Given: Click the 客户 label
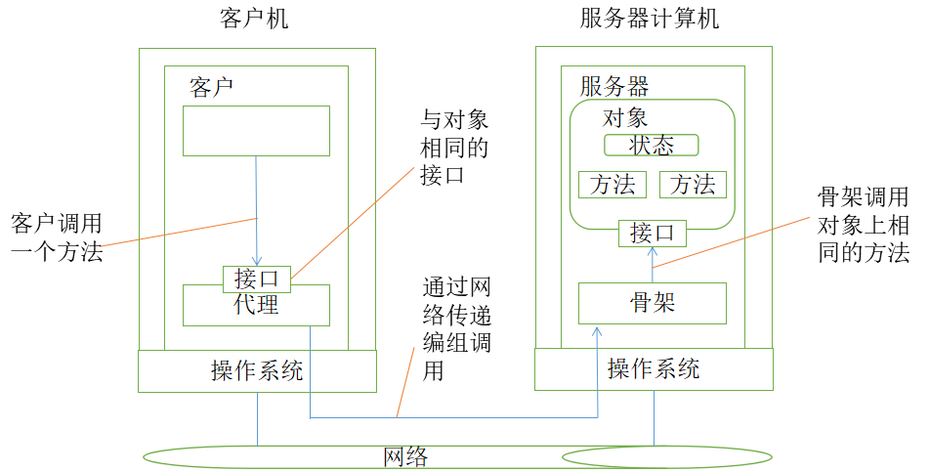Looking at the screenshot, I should [211, 87].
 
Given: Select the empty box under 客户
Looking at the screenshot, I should [256, 131].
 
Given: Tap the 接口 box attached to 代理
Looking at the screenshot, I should [256, 279].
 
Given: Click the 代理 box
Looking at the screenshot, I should [256, 307].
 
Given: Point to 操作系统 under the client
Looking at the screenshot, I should [257, 371].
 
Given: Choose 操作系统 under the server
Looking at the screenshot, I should [654, 369].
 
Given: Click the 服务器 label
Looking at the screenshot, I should [614, 86].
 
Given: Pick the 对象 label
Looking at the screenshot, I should [625, 118].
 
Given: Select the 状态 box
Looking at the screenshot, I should [652, 146].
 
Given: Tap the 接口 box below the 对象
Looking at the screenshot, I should [653, 234].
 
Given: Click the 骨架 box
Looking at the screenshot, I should [653, 304].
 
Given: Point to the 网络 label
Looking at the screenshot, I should [405, 456].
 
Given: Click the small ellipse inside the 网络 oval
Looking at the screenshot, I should [665, 456].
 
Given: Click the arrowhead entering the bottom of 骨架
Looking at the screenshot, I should [598, 333].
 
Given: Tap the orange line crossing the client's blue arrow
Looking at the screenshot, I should [176, 233].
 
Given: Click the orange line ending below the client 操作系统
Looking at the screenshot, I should [406, 381].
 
